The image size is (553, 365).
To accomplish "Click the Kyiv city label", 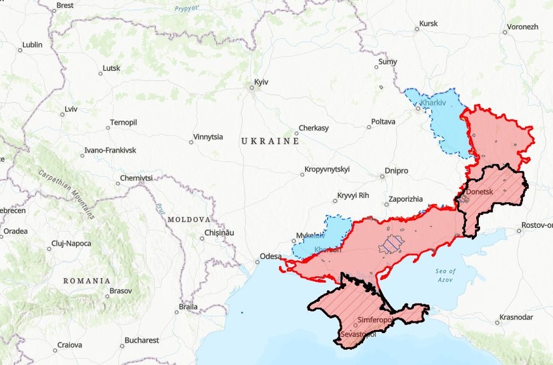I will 261,82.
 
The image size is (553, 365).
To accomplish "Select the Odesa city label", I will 270,256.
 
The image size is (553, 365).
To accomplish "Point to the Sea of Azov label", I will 446,275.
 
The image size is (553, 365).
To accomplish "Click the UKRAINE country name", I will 270,141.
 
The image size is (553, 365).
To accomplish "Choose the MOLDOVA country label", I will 189,220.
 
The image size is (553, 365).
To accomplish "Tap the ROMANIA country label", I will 87,281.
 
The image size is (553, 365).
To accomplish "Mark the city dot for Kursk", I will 417,30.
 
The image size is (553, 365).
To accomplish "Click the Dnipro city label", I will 396,171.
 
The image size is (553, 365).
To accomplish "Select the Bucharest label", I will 142,340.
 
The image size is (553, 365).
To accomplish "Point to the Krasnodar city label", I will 516,317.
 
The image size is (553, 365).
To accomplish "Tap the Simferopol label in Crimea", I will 374,320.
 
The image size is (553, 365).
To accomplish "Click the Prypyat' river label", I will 187,9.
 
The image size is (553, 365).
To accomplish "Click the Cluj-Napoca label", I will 71,244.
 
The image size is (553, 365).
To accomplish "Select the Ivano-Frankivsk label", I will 110,151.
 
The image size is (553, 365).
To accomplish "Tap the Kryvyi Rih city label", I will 353,195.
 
